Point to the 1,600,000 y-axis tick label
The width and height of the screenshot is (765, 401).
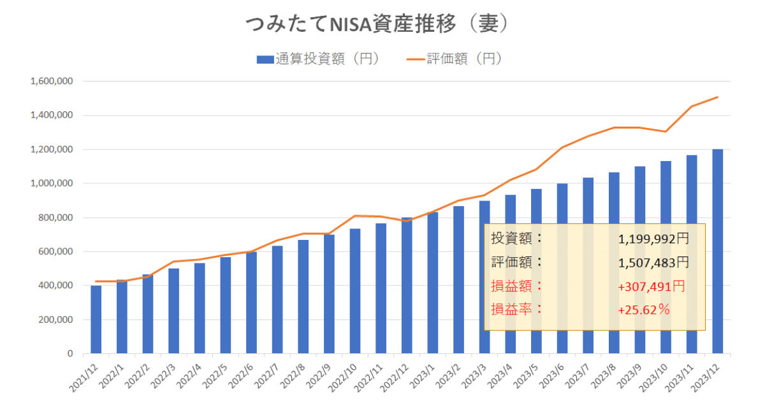tap(52, 81)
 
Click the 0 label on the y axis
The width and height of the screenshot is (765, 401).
tap(69, 353)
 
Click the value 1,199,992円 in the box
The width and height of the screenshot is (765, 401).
tap(653, 239)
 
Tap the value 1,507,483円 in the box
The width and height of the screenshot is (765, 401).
tap(653, 262)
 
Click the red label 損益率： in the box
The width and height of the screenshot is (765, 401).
tap(517, 310)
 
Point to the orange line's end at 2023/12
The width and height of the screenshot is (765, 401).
tap(718, 97)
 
